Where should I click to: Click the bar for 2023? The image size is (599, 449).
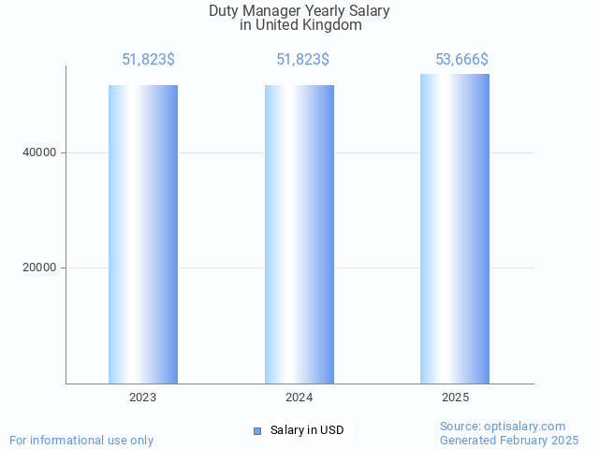[x=143, y=234]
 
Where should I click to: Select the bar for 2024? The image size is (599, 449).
[x=299, y=234]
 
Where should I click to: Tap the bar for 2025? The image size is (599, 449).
[x=455, y=228]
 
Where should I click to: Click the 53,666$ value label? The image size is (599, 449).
[x=461, y=60]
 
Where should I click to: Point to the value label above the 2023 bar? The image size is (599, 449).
[x=148, y=60]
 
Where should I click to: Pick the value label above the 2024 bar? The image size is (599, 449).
[x=302, y=60]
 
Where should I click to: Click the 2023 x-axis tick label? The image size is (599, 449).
[x=143, y=398]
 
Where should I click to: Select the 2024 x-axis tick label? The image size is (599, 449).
[x=299, y=398]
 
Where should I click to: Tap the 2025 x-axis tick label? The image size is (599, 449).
[x=456, y=398]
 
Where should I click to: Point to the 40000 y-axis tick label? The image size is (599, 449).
[x=39, y=152]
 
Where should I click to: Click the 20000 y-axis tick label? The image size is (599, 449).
[x=39, y=268]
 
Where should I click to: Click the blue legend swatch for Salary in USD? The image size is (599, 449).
[x=257, y=430]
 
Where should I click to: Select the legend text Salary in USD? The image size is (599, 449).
[x=307, y=430]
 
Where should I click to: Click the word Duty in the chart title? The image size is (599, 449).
[x=223, y=11]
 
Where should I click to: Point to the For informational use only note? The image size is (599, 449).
[x=81, y=440]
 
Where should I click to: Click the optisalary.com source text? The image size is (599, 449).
[x=503, y=426]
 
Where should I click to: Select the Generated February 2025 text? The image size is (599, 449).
[x=509, y=440]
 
